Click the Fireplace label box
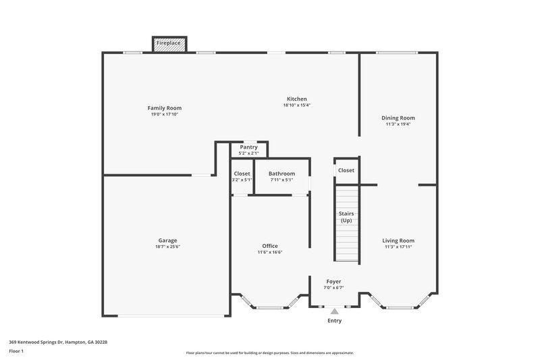click(x=169, y=43)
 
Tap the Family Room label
click(x=165, y=108)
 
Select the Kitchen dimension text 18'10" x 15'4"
click(x=296, y=105)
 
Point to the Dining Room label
click(x=398, y=118)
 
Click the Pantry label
click(x=249, y=147)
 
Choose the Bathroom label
click(x=281, y=174)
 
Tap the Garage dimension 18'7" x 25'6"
click(x=168, y=247)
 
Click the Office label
click(x=270, y=246)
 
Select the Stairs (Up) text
click(x=346, y=217)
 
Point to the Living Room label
click(x=398, y=240)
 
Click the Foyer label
click(x=333, y=282)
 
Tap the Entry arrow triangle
click(x=334, y=311)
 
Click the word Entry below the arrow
click(x=334, y=321)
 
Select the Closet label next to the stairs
click(x=346, y=171)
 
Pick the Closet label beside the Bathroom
click(x=242, y=174)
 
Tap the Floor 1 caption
click(x=16, y=351)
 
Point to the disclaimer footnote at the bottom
click(x=270, y=353)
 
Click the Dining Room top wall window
click(x=396, y=53)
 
